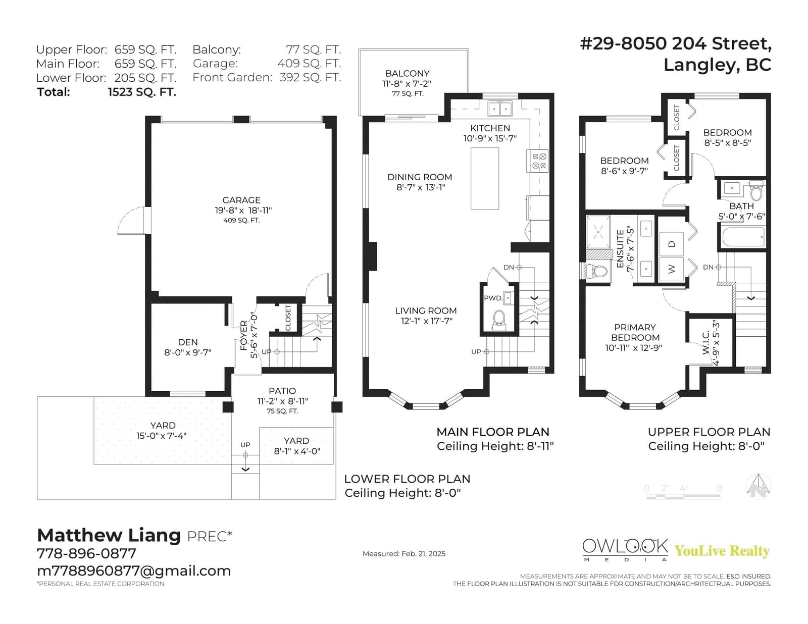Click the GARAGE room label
click(x=241, y=200)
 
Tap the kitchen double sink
click(x=500, y=109)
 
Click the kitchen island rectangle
click(x=484, y=178)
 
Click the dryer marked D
click(x=671, y=244)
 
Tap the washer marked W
click(x=671, y=269)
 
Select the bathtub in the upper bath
click(x=743, y=236)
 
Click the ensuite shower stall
click(x=598, y=232)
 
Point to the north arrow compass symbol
click(x=758, y=487)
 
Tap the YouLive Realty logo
click(x=722, y=550)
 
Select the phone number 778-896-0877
click(x=87, y=553)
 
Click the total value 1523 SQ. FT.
click(x=142, y=92)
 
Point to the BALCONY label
click(x=407, y=73)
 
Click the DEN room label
click(x=188, y=342)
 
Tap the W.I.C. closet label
click(x=706, y=342)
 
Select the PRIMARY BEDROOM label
click(x=635, y=332)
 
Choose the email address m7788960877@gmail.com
click(x=134, y=571)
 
